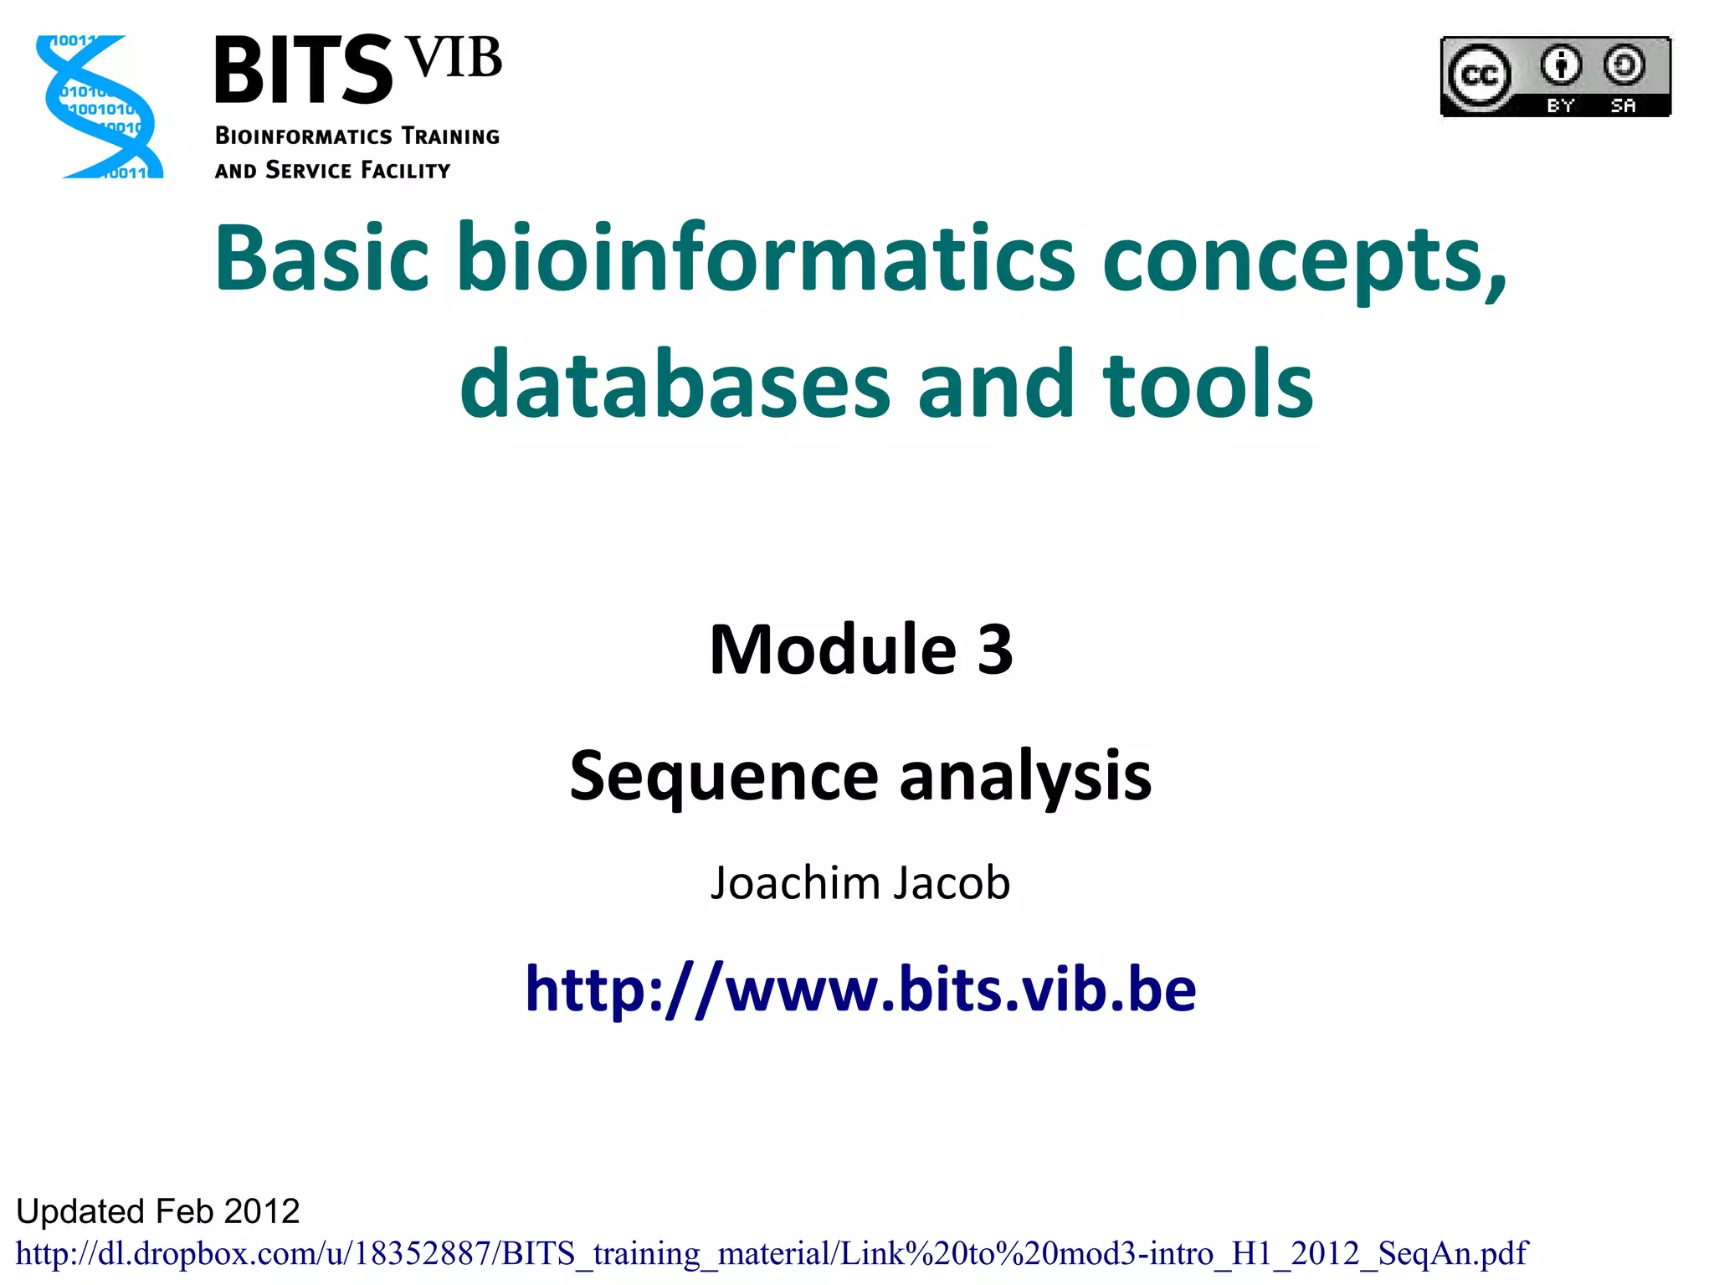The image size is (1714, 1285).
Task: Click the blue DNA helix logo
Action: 99,106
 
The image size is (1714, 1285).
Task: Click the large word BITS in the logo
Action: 303,71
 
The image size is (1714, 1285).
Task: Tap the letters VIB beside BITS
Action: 455,59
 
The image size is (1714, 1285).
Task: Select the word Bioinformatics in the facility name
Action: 303,136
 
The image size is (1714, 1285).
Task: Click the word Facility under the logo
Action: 405,171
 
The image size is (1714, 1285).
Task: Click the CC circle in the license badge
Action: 1479,76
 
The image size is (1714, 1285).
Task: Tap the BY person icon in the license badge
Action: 1561,65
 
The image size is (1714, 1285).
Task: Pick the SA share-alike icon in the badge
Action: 1624,65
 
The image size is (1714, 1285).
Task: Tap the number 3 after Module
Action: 994,650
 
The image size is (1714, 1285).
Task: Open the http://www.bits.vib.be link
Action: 860,989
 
